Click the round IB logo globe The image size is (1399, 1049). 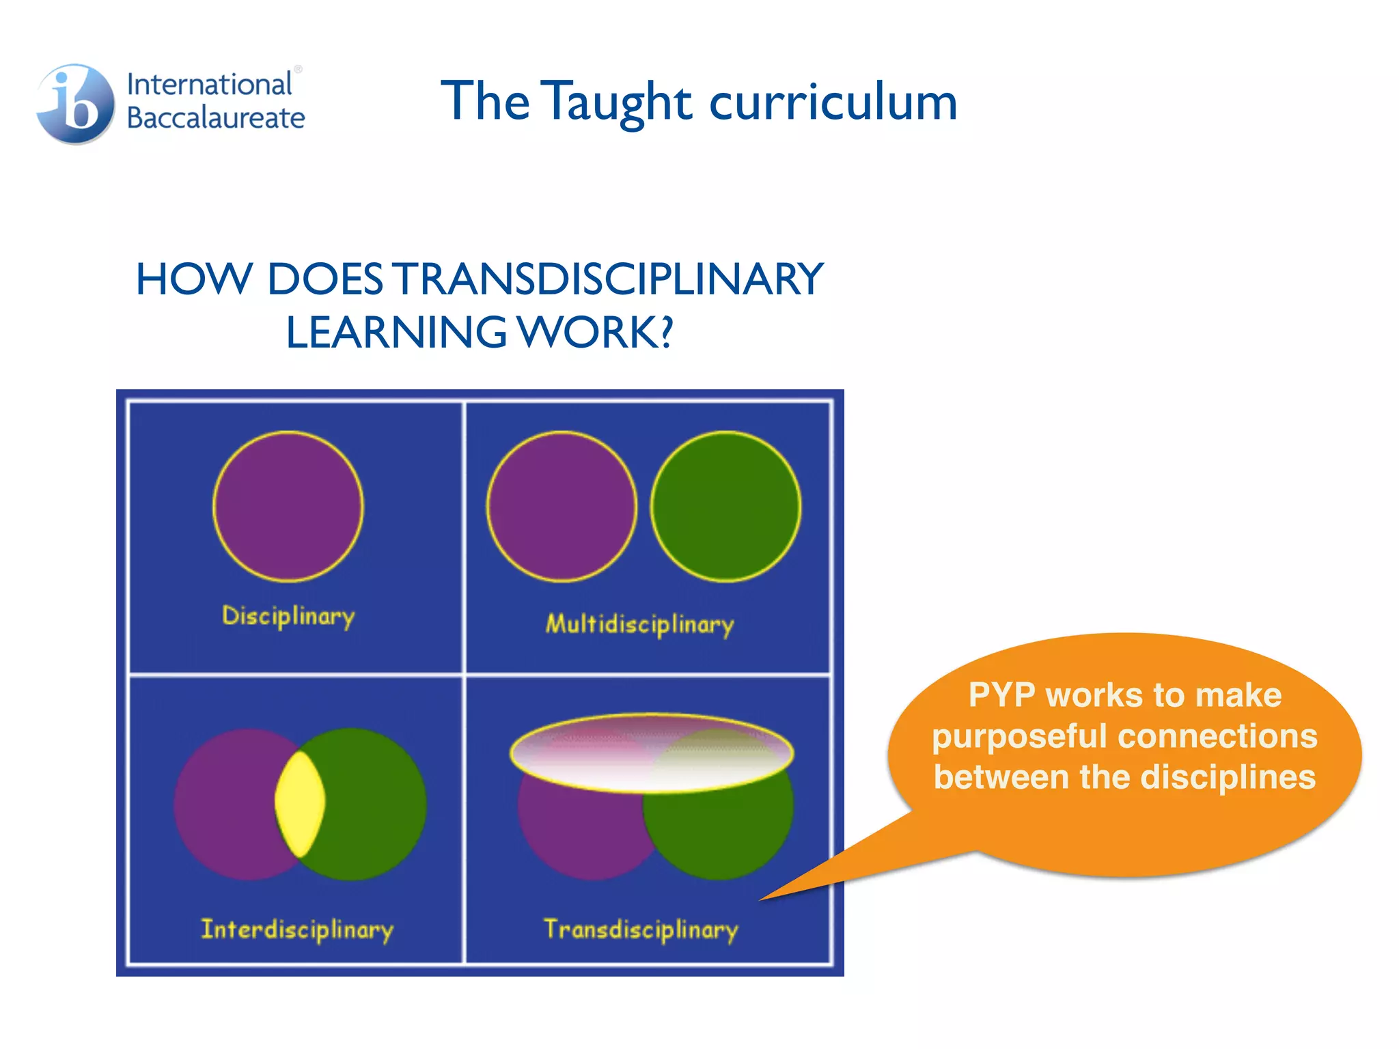coord(76,104)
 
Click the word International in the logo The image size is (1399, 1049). coord(209,85)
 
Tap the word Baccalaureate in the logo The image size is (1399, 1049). coord(216,118)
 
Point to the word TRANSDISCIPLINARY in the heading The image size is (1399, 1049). coord(610,279)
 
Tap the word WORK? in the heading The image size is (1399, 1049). coord(595,333)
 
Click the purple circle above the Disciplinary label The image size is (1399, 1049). coord(288,506)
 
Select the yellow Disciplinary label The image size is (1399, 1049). coord(288,616)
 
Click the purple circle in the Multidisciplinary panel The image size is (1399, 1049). coord(562,506)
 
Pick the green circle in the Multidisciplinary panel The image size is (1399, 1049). coord(725,506)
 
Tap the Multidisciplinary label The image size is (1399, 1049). coord(639,624)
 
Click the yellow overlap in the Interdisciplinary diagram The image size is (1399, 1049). coord(299,803)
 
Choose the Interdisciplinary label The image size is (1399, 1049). coord(297,929)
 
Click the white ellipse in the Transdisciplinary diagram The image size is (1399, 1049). coord(652,753)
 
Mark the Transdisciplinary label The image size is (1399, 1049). coord(641,929)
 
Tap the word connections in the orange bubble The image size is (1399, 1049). coord(1218,736)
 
